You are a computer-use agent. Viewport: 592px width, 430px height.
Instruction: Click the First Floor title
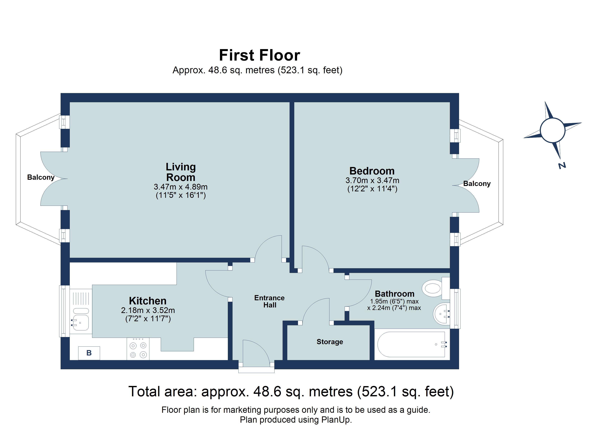point(259,55)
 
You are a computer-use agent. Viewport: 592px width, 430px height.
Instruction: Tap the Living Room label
point(181,172)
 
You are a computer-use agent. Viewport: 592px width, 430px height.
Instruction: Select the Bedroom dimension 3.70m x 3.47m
point(372,180)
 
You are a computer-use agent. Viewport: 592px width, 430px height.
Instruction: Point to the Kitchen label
point(148,301)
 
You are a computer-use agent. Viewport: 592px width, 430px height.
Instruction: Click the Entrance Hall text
point(269,301)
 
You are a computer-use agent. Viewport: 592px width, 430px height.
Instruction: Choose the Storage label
point(330,342)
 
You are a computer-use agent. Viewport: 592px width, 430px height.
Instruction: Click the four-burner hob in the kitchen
point(138,350)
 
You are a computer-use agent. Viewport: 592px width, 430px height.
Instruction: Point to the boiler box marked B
point(89,353)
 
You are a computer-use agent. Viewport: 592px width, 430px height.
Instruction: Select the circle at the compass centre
point(553,130)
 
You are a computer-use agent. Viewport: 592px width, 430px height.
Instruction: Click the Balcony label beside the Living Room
point(41,177)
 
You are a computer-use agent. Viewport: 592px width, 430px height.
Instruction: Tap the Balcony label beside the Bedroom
point(477,184)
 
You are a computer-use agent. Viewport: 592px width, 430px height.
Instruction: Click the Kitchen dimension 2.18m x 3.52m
point(148,310)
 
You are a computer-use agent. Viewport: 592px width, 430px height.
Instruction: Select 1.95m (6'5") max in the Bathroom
point(394,301)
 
